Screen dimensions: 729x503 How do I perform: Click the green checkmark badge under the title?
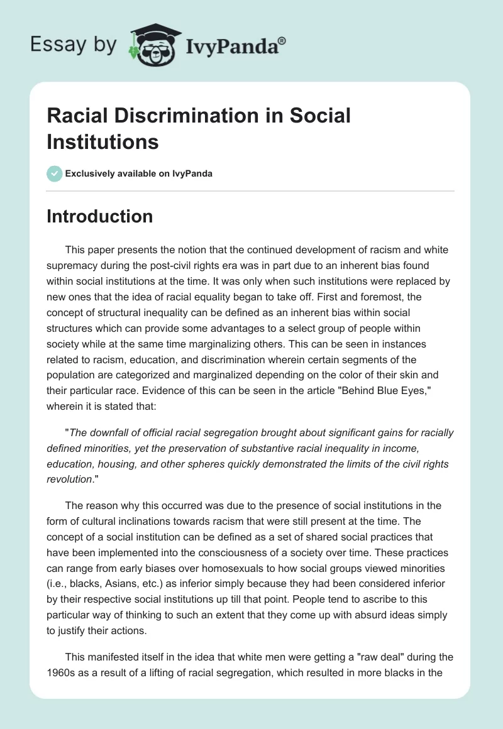[54, 173]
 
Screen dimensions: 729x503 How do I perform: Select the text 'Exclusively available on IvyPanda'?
[138, 173]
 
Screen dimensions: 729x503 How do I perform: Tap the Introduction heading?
[99, 217]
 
